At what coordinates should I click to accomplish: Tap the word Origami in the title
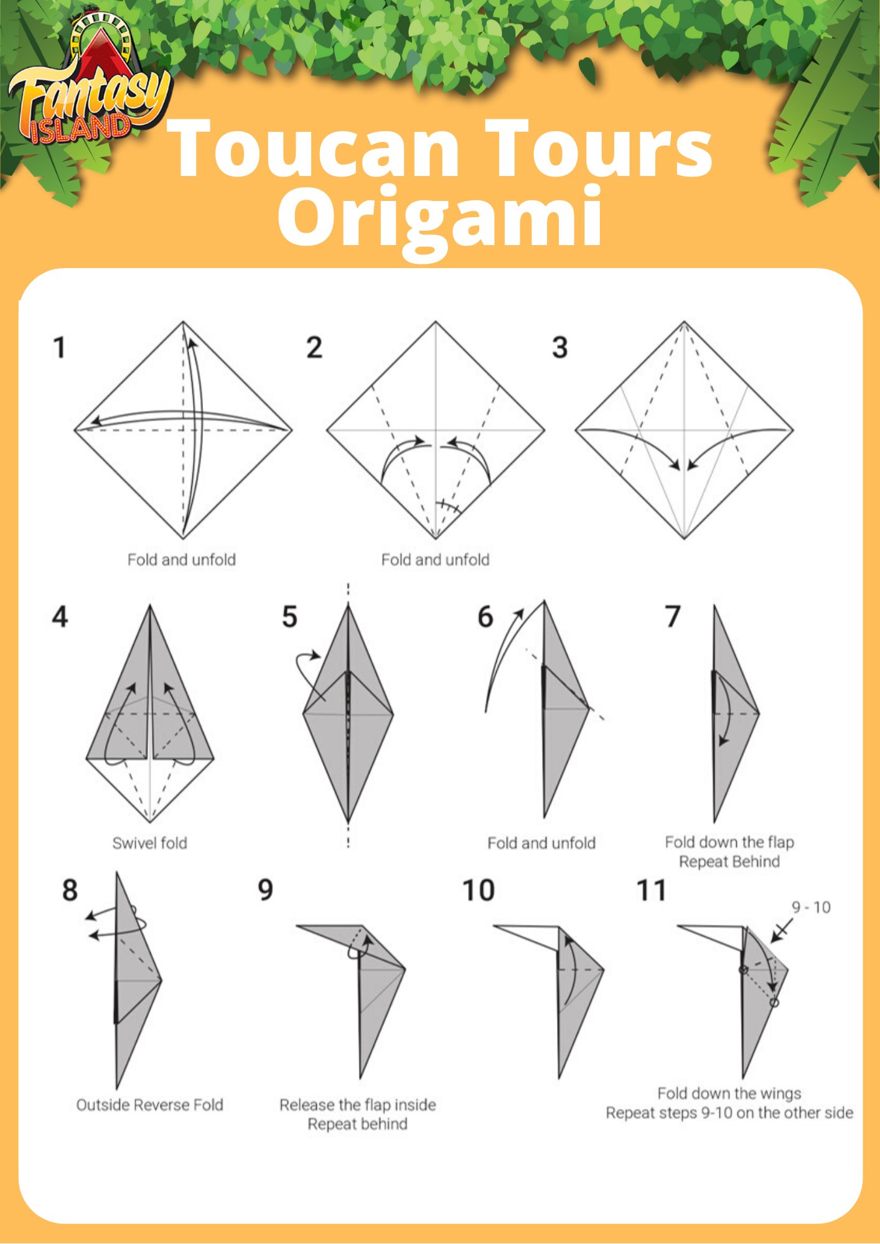[440, 218]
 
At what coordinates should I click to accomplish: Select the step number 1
[60, 347]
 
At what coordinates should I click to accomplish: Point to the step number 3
[560, 347]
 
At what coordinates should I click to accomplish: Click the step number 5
[289, 617]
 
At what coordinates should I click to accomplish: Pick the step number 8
[70, 890]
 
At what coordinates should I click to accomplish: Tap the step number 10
[479, 890]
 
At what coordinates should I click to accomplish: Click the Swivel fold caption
[149, 843]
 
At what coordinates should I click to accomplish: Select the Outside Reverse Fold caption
[149, 1105]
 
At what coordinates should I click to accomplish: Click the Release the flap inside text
[357, 1105]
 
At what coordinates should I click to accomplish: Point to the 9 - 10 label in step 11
[811, 907]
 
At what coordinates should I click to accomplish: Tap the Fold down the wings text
[729, 1093]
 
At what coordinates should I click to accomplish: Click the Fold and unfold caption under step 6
[541, 843]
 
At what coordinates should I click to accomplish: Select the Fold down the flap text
[729, 842]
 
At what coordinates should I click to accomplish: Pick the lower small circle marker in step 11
[774, 1003]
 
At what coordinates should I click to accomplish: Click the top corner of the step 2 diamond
[436, 322]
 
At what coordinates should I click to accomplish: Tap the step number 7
[673, 617]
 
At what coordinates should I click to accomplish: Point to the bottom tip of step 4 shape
[150, 822]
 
